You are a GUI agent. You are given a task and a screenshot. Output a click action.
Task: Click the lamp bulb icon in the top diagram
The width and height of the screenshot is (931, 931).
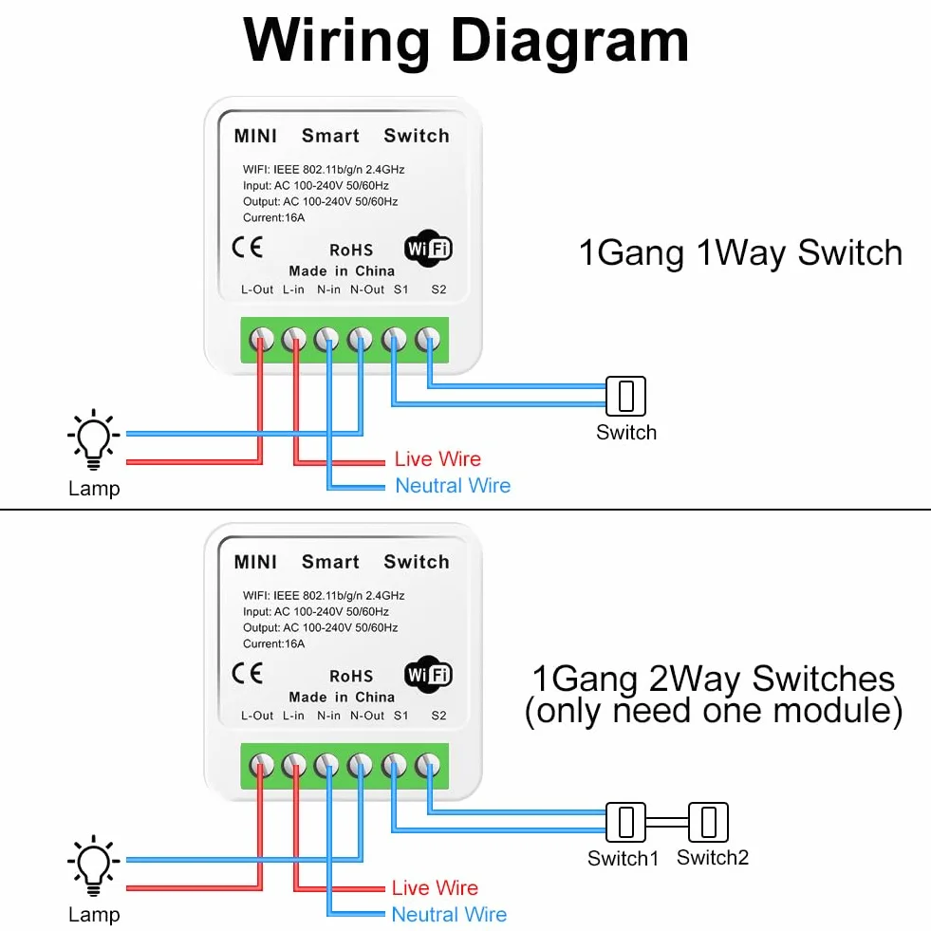pos(94,438)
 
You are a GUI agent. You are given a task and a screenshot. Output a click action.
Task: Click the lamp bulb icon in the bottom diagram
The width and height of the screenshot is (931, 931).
pos(94,865)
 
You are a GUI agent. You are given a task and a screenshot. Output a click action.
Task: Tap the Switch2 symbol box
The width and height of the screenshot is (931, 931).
pos(708,823)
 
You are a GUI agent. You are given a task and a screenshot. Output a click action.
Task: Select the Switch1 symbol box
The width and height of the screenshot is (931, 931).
pos(625,823)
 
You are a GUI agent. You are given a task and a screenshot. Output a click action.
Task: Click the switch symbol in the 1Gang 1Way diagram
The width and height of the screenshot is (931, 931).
pos(625,396)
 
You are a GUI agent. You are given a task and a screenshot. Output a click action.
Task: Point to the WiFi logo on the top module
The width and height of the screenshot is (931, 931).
pos(428,249)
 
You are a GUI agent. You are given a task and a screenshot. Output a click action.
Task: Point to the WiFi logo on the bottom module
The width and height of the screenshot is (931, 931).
pos(428,675)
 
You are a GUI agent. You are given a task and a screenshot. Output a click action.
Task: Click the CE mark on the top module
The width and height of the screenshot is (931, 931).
pos(247,247)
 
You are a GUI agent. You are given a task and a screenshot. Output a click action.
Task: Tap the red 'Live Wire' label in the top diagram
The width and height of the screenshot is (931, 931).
pos(438,459)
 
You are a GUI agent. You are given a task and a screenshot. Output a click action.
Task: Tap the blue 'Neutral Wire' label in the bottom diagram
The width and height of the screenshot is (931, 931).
pos(449,914)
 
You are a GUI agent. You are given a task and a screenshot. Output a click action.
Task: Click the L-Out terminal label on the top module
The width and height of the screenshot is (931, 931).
pos(257,289)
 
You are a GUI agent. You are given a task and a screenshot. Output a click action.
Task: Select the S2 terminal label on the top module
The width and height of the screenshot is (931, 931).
pos(438,289)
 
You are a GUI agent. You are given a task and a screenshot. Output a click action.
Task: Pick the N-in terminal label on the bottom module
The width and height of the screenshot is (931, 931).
pos(329,717)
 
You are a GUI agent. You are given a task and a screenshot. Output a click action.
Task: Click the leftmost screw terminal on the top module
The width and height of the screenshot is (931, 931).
pos(262,340)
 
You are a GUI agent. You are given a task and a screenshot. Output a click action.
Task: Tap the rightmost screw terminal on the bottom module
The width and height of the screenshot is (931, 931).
pos(428,766)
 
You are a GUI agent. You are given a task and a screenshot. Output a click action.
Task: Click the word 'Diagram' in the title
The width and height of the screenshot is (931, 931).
pos(570,42)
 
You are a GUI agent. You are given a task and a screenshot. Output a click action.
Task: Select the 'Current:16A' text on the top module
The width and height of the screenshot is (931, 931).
pos(273,218)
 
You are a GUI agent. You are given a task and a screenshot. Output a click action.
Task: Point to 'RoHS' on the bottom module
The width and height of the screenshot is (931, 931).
pos(351,677)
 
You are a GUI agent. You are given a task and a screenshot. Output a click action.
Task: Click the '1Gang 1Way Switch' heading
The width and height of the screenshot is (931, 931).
pos(740,253)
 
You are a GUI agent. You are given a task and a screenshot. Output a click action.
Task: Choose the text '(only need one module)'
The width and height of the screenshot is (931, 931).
pos(714,711)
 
